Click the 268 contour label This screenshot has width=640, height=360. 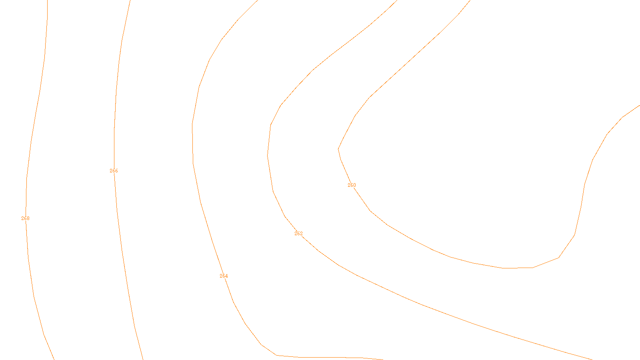pos(25,218)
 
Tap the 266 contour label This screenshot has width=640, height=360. pos(114,171)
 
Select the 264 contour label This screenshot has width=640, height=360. pos(224,276)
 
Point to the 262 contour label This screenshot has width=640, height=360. pos(298,234)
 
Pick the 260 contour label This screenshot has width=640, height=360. pos(352,185)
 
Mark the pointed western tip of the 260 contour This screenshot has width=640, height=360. pos(338,149)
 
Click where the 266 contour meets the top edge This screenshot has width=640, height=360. pos(130,0)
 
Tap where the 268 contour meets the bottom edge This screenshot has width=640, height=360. pos(54,359)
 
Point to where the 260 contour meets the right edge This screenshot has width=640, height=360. pos(639,106)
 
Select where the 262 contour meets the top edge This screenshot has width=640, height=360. pos(397,0)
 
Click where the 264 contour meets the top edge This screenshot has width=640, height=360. pos(258,0)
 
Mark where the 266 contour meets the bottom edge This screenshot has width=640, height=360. pos(143,359)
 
